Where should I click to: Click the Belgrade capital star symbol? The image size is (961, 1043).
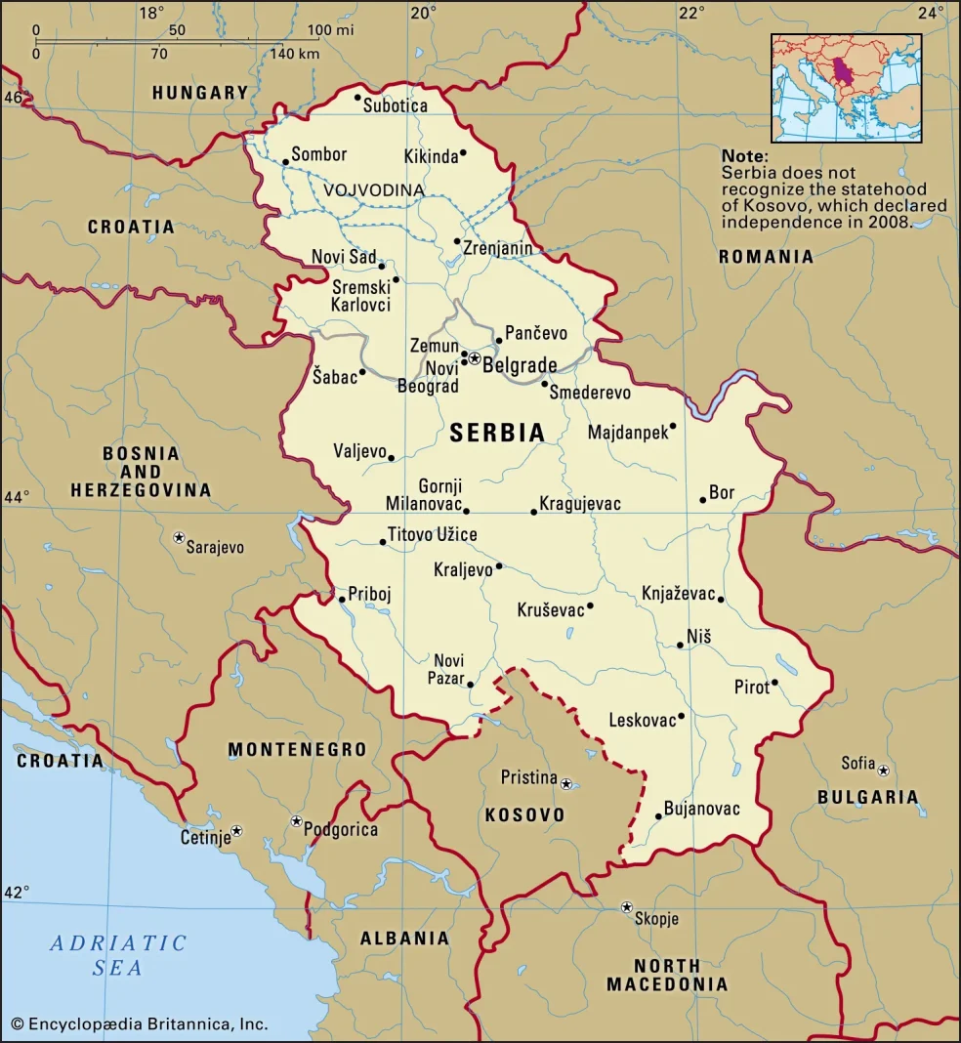pos(475,358)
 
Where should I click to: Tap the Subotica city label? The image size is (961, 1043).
pos(395,105)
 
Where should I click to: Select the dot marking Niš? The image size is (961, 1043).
pos(681,645)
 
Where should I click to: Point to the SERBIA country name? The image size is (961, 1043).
pos(497,434)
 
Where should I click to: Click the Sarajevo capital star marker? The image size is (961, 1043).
pos(180,537)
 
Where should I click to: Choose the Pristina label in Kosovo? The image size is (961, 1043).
pos(528,778)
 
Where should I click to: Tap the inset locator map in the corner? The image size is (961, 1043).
pos(846,89)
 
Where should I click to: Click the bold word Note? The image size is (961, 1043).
pos(744,156)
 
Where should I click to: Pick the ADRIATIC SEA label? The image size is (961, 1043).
pos(118,955)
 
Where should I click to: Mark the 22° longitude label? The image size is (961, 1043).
pos(691,13)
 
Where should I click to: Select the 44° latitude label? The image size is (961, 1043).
pos(16,497)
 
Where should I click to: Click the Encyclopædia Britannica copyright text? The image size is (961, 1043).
pos(140,1024)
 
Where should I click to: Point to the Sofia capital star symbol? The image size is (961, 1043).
pos(883,771)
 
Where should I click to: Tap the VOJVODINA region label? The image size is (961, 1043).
pos(374,189)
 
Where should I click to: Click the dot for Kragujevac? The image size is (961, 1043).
pos(533,512)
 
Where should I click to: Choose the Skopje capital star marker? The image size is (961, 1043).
pos(627,907)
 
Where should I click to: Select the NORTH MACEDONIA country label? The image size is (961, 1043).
pos(667,975)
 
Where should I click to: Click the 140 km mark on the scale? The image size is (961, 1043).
pos(294,53)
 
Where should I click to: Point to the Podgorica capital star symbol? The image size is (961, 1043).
pos(296,821)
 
